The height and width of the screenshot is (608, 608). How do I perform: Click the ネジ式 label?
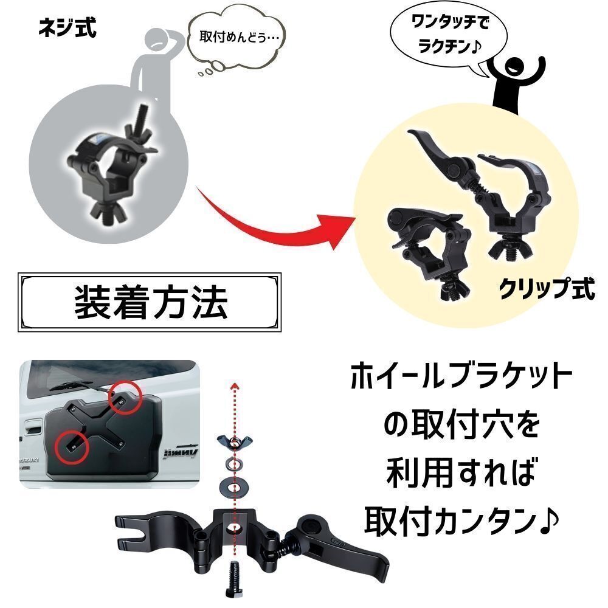(x=67, y=29)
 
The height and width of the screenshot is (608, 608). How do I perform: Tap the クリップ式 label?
(x=547, y=288)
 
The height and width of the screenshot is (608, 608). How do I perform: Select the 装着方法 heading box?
(x=150, y=302)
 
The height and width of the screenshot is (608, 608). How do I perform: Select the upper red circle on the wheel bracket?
(x=124, y=396)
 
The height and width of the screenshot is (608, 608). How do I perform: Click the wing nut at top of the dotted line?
(x=235, y=441)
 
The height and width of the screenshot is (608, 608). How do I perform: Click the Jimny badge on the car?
(x=181, y=452)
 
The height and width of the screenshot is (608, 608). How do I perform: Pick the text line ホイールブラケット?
(x=461, y=375)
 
